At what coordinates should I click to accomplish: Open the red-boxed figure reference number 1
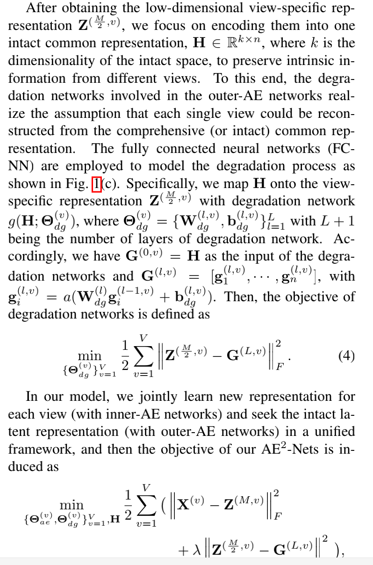tap(97, 184)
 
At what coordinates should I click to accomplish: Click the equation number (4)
tap(346, 356)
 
